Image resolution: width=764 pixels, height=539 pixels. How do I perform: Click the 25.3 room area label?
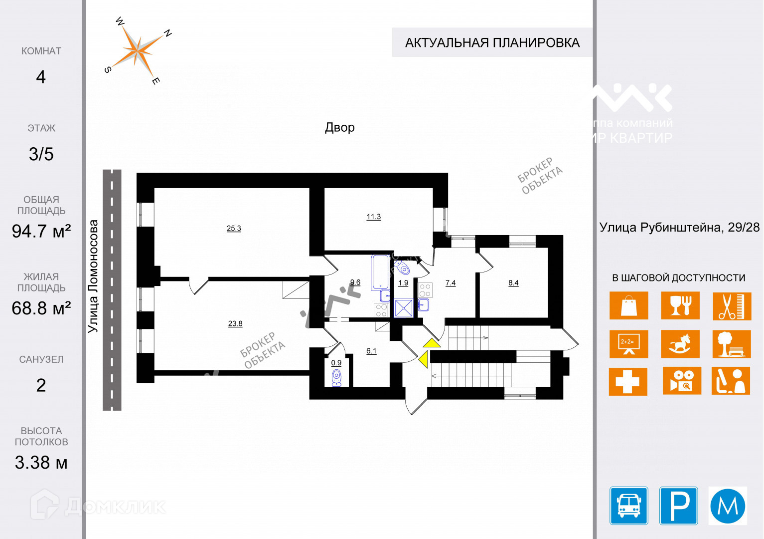[234, 229]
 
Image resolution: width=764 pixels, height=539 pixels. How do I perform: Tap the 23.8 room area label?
[235, 324]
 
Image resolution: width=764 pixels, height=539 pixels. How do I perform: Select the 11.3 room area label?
[373, 217]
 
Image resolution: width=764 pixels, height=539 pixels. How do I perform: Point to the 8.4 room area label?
[513, 283]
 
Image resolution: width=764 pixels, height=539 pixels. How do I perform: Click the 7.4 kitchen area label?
[451, 283]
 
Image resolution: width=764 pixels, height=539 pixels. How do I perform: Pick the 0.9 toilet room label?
[336, 363]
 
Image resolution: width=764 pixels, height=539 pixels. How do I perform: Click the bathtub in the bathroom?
[380, 272]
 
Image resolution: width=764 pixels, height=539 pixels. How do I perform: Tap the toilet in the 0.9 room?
[337, 378]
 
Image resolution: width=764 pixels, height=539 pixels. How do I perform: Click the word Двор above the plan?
[340, 127]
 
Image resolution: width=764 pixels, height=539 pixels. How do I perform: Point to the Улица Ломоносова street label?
[93, 276]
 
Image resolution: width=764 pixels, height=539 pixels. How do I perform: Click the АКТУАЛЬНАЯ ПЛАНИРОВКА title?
[492, 43]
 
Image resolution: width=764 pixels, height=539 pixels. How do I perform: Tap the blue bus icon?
[628, 506]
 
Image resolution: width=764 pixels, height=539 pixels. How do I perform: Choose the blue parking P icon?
[678, 506]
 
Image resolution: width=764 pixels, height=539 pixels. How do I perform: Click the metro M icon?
[728, 506]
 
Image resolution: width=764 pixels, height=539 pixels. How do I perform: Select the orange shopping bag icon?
[628, 305]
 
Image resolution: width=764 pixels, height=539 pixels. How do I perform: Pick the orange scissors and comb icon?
[731, 306]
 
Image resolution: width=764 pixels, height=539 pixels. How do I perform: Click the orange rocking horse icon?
[680, 344]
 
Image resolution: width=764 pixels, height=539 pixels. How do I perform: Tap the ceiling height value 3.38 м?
[41, 463]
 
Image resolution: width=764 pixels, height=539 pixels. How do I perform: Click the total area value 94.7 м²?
[41, 231]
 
